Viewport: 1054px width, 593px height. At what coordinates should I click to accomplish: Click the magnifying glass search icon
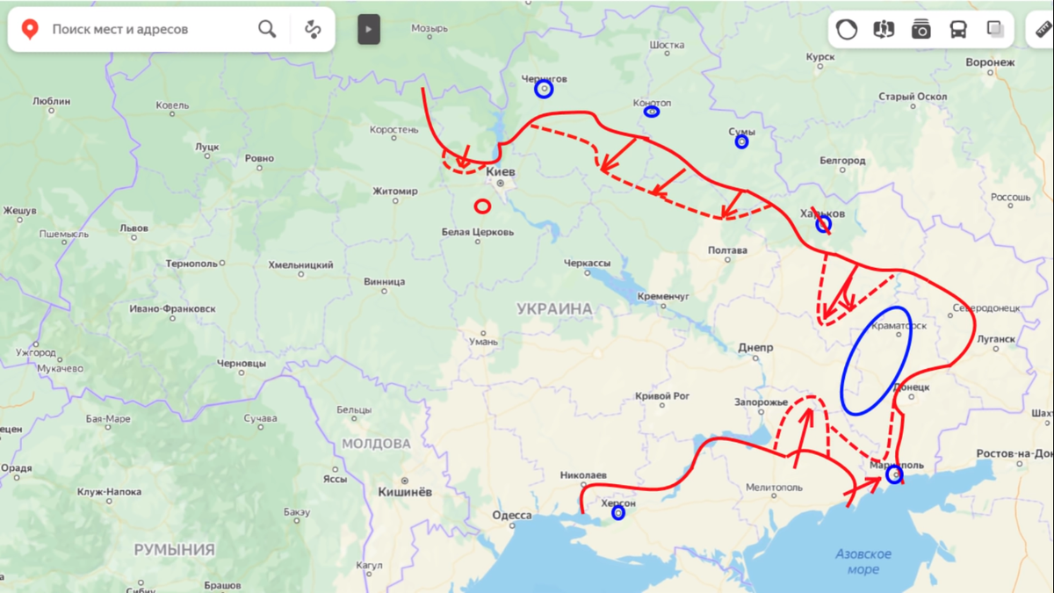click(x=267, y=29)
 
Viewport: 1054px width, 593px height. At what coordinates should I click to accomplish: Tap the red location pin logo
click(x=30, y=29)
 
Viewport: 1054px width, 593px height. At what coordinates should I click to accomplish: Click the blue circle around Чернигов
click(x=545, y=89)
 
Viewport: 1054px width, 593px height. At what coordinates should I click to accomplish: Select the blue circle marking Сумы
click(x=742, y=141)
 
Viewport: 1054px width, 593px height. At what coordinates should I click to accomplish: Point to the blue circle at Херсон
click(x=618, y=512)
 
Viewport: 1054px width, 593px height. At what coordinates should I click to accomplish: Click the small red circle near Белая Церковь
click(x=482, y=206)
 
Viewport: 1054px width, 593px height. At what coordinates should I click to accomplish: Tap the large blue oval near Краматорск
click(x=876, y=359)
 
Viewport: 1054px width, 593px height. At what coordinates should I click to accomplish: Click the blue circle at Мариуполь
click(x=894, y=475)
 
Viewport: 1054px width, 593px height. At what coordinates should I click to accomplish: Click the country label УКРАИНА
click(x=554, y=308)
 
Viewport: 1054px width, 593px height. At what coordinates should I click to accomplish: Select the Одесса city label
click(x=511, y=515)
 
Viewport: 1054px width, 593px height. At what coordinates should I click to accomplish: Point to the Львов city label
click(x=134, y=228)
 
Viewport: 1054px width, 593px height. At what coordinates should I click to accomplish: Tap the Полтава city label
click(x=727, y=250)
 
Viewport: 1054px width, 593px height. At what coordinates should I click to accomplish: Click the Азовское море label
click(x=863, y=561)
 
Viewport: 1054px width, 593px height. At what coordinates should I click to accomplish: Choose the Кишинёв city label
click(x=404, y=492)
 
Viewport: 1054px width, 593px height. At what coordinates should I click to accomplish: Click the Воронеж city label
click(x=990, y=63)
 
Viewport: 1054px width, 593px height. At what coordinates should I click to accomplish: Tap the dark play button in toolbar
click(x=369, y=30)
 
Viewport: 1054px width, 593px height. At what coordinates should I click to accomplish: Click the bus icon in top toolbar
click(x=958, y=30)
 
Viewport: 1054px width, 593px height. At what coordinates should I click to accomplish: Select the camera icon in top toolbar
click(x=920, y=30)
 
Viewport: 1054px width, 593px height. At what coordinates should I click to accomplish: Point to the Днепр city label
click(x=755, y=348)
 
